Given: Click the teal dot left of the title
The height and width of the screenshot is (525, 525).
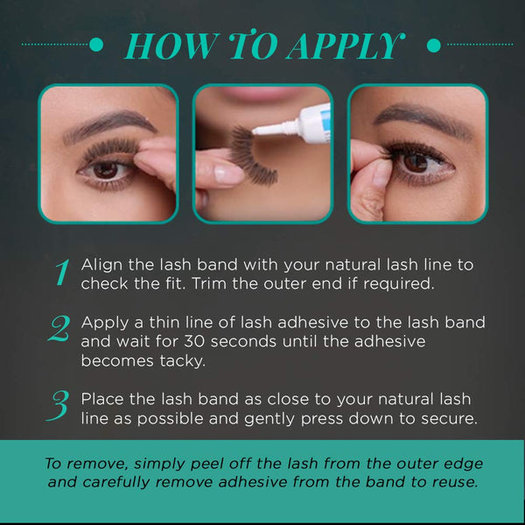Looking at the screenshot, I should [98, 44].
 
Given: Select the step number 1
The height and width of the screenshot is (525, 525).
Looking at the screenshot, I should [61, 273].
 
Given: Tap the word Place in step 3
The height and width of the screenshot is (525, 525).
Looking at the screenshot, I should [101, 399].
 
